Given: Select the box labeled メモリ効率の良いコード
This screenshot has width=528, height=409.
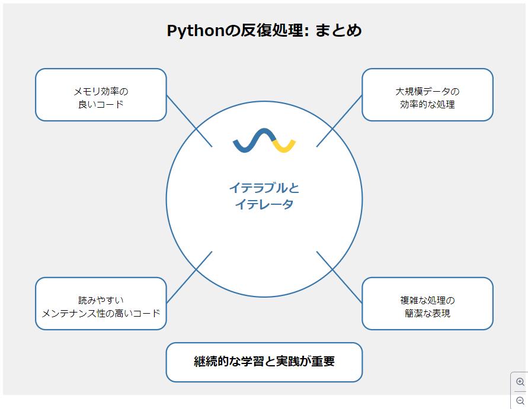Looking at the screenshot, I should coord(101,95).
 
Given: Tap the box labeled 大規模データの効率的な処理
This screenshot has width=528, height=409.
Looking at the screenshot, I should coord(427,95).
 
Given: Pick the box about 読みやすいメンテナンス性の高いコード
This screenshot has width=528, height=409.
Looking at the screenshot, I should coord(101,304).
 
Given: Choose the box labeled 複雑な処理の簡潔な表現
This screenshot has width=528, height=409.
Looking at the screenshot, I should coord(427,304).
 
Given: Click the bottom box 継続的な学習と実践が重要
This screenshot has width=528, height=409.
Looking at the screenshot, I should coord(264,362).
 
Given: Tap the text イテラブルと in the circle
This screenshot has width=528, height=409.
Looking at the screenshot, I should coord(264,188).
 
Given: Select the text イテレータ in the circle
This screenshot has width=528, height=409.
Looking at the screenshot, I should coord(264,205).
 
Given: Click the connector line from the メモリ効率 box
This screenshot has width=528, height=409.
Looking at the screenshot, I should coord(189,121).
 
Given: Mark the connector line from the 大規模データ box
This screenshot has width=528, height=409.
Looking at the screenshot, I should coord(339,121).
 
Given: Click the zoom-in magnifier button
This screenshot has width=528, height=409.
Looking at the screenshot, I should coord(520,382).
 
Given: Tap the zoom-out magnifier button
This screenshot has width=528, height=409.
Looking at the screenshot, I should coord(520,401).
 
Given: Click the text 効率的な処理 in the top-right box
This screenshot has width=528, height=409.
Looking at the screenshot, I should coord(427,104).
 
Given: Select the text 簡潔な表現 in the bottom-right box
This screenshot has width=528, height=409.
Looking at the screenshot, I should coord(427,313).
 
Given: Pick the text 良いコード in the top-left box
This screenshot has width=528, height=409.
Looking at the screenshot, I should coord(101,104).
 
